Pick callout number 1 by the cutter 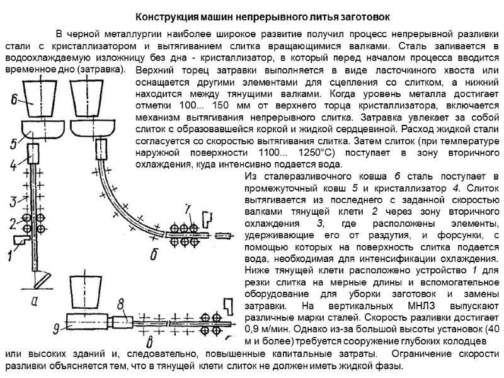9,255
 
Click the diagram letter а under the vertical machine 36,301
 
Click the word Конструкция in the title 166,15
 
